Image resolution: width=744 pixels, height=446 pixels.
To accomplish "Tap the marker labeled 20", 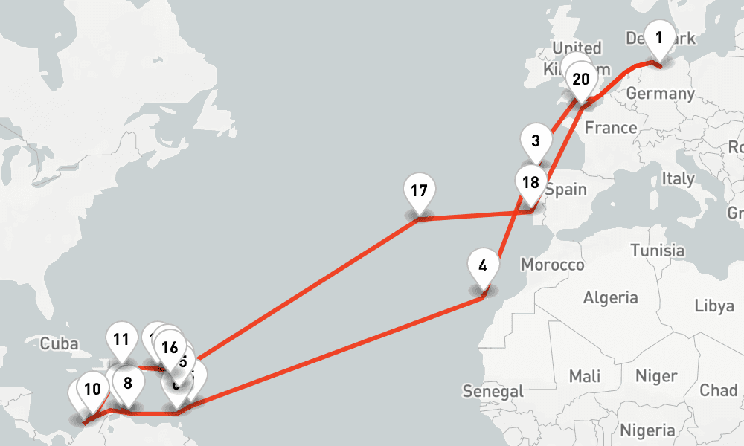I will tap(581, 80).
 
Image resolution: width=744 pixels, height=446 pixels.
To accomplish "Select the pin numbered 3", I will tap(536, 140).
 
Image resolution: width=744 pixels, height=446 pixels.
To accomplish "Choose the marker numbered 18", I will tap(530, 183).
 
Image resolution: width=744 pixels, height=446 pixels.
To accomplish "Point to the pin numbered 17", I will tap(419, 190).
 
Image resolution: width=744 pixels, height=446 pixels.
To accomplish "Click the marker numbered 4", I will tap(484, 265).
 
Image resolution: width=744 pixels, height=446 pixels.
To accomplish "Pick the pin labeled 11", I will tap(121, 340).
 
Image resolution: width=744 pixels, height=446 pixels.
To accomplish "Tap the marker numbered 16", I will tap(170, 346).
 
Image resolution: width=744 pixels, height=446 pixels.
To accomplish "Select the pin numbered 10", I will tap(92, 389).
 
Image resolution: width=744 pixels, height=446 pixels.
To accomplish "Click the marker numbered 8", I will tap(128, 384).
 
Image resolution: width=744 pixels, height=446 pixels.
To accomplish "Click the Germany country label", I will tap(660, 94).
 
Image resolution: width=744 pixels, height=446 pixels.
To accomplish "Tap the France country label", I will tap(610, 128).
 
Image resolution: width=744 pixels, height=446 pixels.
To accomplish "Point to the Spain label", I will tap(565, 189).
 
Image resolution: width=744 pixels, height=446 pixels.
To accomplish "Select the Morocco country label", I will tap(552, 265).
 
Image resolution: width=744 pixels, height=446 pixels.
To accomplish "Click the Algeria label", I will tap(611, 298).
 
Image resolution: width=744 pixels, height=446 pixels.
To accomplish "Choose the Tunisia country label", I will tap(657, 251).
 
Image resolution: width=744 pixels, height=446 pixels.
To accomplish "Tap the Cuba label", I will tap(59, 343).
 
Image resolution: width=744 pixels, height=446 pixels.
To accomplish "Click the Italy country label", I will tap(679, 179).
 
